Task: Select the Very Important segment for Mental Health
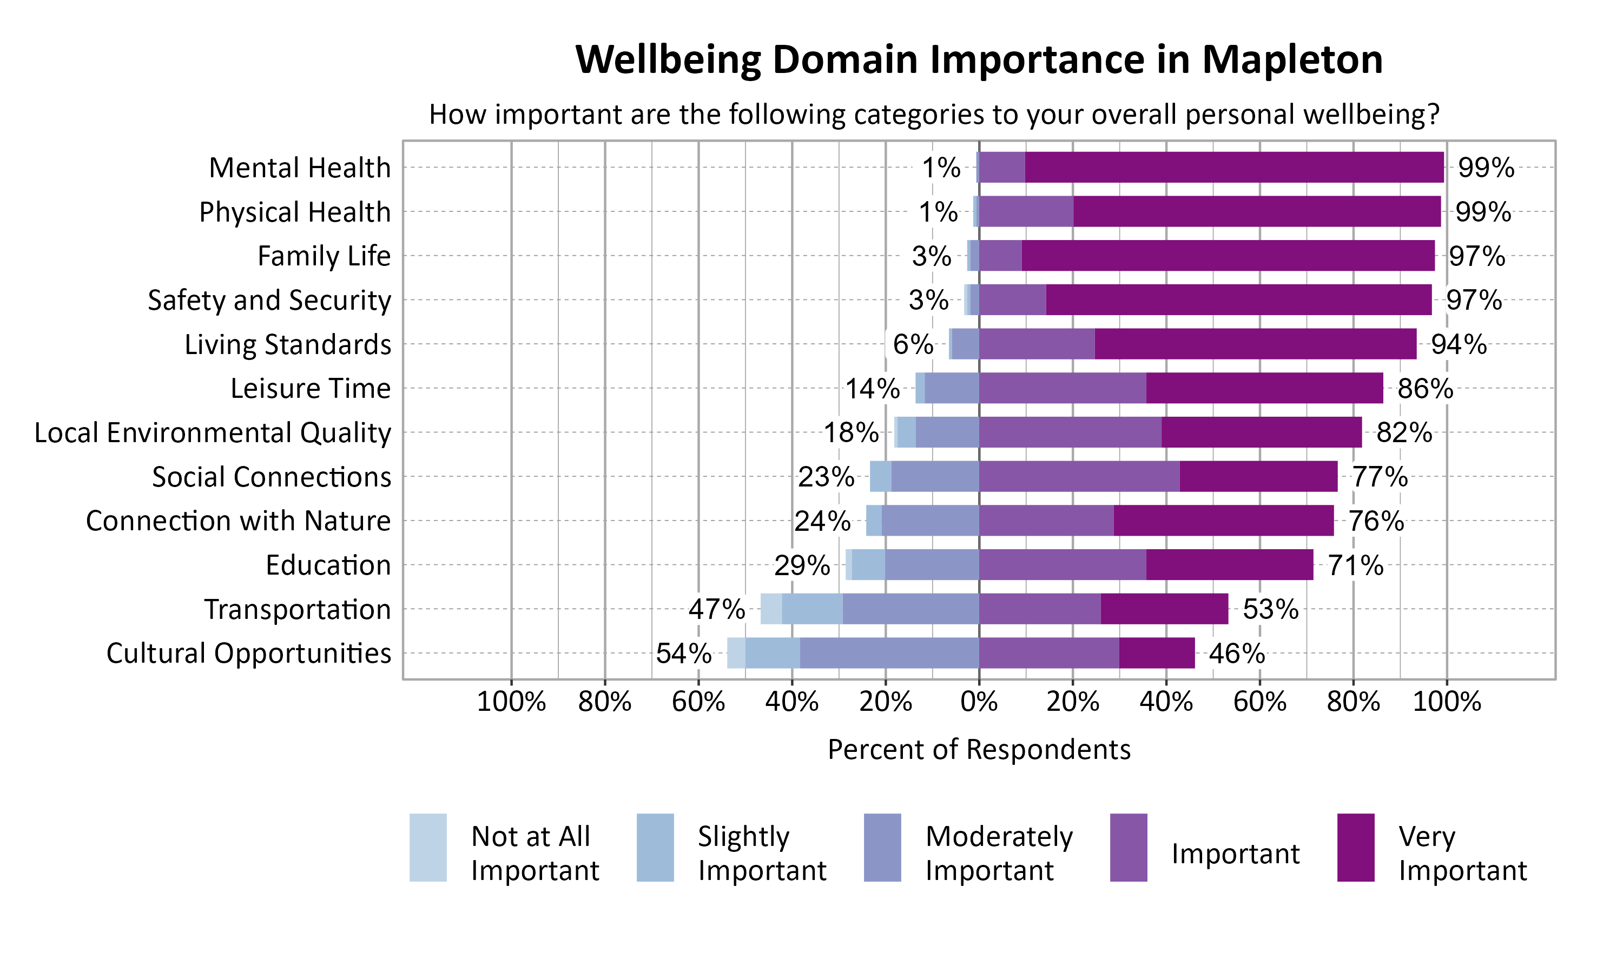[x=1233, y=167]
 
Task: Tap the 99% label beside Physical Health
[x=1483, y=212]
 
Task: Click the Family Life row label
[x=324, y=256]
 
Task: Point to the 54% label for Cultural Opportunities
[x=684, y=653]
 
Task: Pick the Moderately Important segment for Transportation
[x=911, y=609]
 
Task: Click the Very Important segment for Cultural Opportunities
[x=1157, y=653]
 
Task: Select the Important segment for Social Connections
[x=1079, y=477]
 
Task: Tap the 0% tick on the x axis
[x=979, y=702]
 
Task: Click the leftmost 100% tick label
[x=511, y=702]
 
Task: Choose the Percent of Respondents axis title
[x=979, y=749]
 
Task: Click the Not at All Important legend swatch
[x=428, y=847]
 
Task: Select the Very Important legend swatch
[x=1355, y=847]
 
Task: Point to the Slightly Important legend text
[x=762, y=853]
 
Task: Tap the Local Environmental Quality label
[x=213, y=433]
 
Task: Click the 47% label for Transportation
[x=716, y=609]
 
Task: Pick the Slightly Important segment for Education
[x=868, y=564]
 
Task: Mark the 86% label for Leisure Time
[x=1425, y=389]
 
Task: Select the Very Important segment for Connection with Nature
[x=1224, y=521]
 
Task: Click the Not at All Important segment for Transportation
[x=771, y=609]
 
